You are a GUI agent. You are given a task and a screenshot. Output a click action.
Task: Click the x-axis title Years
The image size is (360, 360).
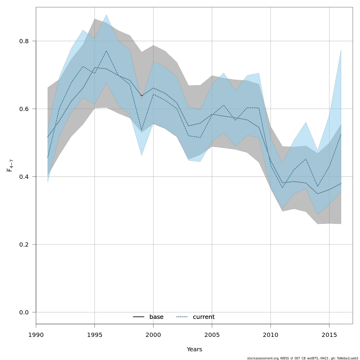(194, 349)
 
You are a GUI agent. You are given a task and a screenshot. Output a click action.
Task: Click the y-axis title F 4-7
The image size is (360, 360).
(10, 166)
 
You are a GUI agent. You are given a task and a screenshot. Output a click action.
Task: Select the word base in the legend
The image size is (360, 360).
(156, 317)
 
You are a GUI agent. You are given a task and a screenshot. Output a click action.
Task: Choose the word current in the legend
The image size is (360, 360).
(204, 317)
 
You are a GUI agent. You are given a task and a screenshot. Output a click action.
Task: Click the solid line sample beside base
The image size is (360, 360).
(139, 317)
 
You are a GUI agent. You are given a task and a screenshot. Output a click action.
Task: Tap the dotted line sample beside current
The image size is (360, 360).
(182, 317)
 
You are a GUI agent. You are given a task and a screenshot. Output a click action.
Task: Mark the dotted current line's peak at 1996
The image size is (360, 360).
(106, 51)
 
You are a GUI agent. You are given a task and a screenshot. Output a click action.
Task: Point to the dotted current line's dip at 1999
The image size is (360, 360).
(142, 130)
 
